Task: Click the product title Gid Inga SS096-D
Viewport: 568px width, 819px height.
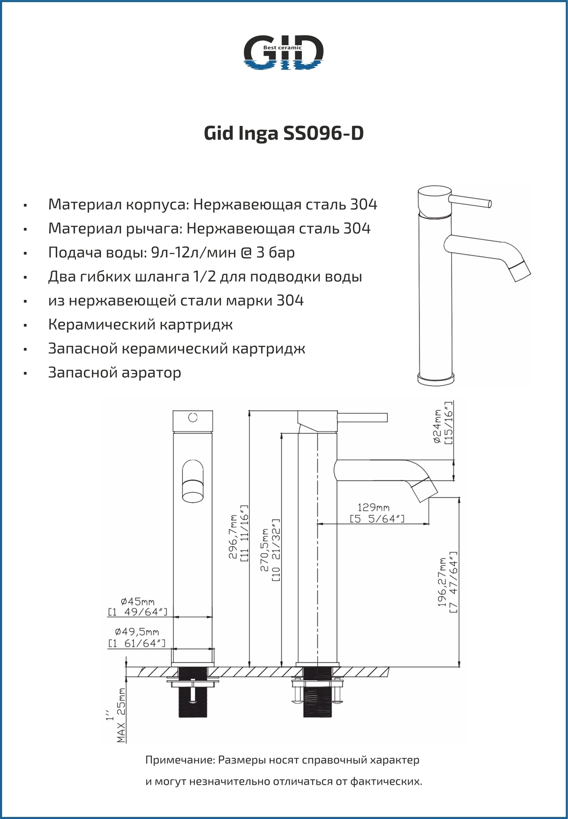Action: pos(284,134)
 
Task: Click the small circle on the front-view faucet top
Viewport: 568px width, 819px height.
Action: pos(193,418)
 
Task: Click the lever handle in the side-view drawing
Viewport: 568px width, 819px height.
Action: pos(362,417)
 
